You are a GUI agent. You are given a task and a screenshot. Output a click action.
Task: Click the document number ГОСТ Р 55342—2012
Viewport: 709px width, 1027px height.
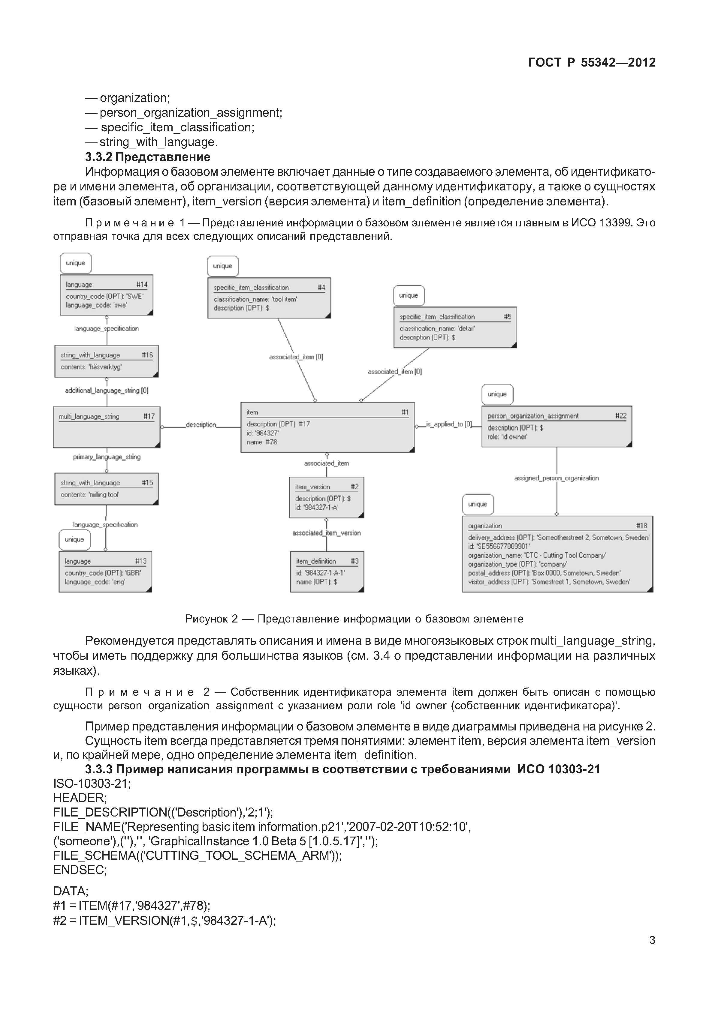[591, 63]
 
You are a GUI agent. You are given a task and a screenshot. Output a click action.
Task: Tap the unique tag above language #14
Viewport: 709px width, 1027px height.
[76, 263]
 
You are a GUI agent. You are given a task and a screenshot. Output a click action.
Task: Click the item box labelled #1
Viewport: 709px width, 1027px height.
[327, 427]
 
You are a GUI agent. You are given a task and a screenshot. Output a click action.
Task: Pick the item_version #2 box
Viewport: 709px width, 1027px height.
[327, 497]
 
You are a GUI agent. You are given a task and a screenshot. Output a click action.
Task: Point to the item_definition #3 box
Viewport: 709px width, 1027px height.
[327, 571]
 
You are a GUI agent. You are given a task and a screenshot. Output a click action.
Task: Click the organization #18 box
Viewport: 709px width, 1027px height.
[557, 554]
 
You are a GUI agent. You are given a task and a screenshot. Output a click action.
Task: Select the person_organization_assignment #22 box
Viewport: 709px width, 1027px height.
[556, 426]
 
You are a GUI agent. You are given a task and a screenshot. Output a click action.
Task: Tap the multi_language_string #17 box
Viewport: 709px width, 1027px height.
[107, 427]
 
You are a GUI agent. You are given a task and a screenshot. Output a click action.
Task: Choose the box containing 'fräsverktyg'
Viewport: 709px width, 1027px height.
[107, 361]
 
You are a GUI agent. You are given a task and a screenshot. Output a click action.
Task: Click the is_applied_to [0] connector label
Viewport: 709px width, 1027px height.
[449, 424]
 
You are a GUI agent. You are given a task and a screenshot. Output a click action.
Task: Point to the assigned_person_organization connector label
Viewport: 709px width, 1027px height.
[556, 478]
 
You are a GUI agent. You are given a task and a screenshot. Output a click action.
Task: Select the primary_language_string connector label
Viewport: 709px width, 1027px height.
[107, 457]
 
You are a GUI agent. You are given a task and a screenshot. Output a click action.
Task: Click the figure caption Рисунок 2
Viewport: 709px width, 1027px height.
[354, 619]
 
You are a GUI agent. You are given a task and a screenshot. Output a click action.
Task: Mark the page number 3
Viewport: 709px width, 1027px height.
[652, 940]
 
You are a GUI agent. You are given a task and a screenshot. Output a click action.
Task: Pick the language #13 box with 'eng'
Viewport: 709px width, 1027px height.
[105, 572]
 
